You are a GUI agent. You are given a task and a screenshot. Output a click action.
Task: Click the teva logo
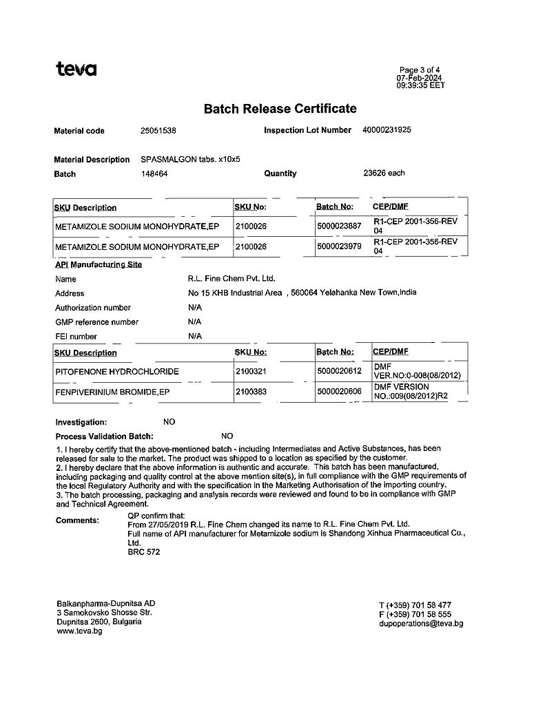[76, 69]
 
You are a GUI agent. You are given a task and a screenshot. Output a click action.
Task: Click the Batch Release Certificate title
[280, 108]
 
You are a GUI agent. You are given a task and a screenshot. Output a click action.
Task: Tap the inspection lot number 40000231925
[386, 129]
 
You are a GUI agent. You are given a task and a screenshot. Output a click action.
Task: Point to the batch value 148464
[154, 173]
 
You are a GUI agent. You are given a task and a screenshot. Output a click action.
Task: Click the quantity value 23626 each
[384, 173]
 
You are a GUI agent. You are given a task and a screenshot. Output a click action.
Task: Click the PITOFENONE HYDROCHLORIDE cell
[117, 372]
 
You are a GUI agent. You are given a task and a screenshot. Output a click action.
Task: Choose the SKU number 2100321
[251, 372]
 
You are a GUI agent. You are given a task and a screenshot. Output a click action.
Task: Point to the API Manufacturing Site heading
[99, 264]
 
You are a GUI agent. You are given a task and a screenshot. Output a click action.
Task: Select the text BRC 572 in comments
[144, 552]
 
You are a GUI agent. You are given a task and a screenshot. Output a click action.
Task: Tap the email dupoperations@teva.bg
[420, 624]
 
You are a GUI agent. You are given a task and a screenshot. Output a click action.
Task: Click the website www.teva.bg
[79, 631]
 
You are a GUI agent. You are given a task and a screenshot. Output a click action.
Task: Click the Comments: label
[77, 520]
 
